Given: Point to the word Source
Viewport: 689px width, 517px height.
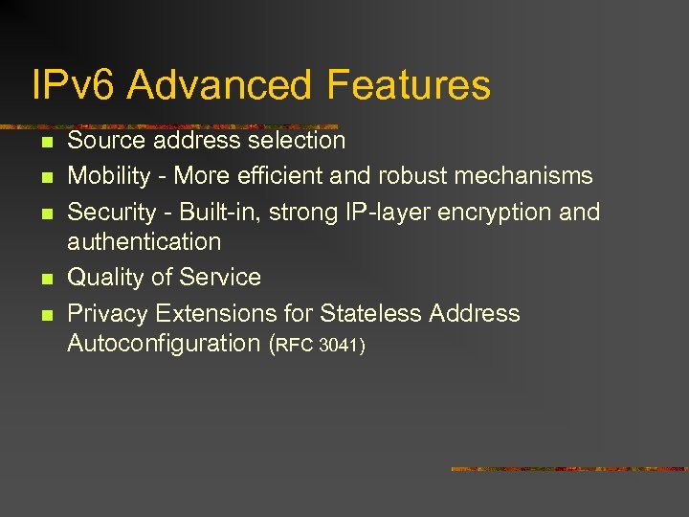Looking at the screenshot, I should [x=106, y=141].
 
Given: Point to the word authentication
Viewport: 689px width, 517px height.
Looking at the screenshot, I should [x=144, y=241].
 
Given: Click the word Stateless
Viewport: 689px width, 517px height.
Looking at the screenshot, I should [x=371, y=313].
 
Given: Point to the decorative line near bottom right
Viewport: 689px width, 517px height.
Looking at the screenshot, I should [x=568, y=469].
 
